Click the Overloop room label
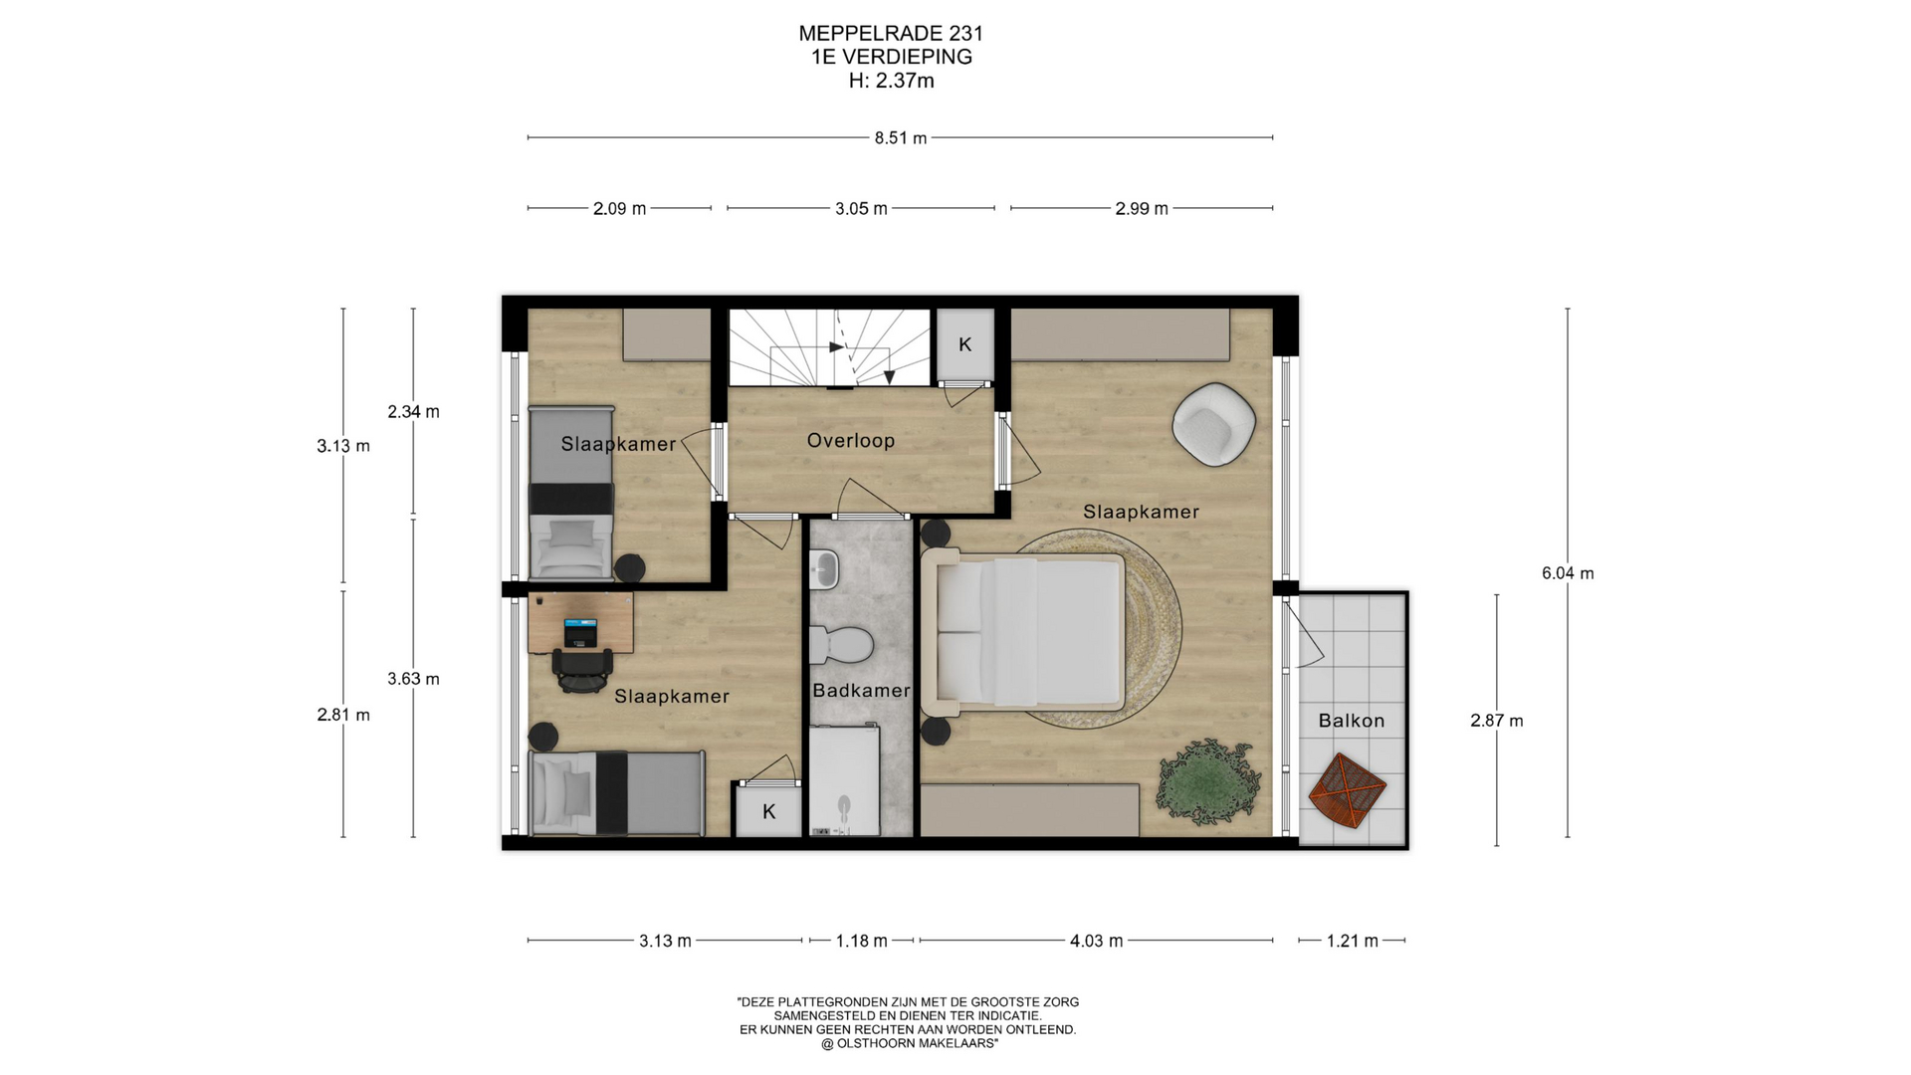pos(850,440)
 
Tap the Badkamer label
pos(861,690)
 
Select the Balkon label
pos(1351,721)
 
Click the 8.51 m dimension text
pos(901,138)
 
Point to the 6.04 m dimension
pos(1568,573)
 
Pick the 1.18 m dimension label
pos(861,941)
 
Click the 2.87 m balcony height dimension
pos(1496,721)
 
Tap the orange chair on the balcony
pos(1347,791)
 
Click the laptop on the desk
pos(580,632)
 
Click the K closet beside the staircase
pos(964,344)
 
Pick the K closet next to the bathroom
pos(768,811)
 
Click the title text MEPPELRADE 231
pos(891,33)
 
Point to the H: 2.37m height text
pos(891,81)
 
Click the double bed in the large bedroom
pos(1023,633)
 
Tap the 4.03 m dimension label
pos(1096,941)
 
